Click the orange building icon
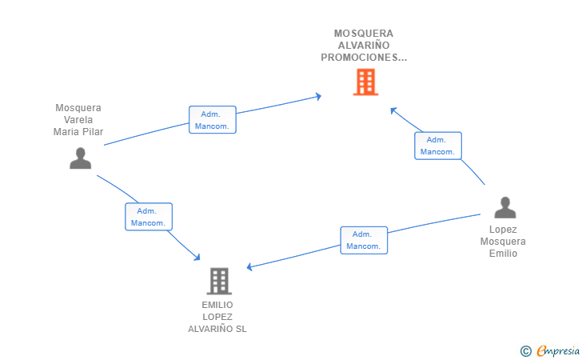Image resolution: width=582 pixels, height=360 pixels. pos(365,82)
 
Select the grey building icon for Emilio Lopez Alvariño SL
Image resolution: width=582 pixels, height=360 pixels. pos(219,281)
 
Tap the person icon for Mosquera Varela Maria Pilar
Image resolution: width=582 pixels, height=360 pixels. pos(80,158)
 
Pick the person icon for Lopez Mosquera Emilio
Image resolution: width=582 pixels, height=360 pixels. pos(504,207)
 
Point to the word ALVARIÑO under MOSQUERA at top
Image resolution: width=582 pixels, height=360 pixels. pos(364,46)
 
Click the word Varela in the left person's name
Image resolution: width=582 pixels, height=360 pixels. pos(78,120)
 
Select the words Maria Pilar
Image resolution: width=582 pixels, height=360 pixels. pos(78,132)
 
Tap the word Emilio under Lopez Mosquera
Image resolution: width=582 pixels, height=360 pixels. pos(504,254)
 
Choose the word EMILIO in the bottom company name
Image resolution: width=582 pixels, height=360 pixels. pos(217,305)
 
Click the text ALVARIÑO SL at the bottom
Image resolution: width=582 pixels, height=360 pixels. pos(217,329)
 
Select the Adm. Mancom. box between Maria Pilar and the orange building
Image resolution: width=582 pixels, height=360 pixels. pos(213,120)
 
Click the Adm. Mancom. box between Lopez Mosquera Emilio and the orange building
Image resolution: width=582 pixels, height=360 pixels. pos(437,146)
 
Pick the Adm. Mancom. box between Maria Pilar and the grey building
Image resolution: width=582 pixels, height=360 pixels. pos(149,217)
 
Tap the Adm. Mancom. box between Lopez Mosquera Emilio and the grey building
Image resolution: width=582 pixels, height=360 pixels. pos(364,240)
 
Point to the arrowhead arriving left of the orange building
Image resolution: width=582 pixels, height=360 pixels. pos(318,97)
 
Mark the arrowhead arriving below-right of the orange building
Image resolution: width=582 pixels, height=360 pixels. pos(393,110)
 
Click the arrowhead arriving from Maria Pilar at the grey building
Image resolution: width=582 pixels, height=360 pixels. pos(197,257)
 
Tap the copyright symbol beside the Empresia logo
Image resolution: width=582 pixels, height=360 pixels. pos(525,350)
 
